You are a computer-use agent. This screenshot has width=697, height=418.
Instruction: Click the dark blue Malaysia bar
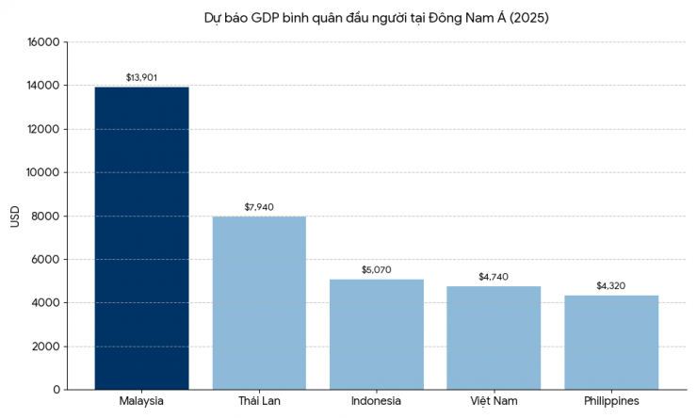tap(141, 238)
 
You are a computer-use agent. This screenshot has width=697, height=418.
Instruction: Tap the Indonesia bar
tap(377, 334)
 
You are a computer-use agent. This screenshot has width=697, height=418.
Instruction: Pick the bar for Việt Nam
tap(494, 338)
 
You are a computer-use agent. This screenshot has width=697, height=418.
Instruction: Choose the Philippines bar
tap(611, 343)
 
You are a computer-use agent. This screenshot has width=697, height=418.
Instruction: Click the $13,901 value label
tap(141, 77)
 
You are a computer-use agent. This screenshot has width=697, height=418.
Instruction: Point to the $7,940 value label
tap(259, 207)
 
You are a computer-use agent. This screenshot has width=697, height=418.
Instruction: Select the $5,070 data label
tap(377, 270)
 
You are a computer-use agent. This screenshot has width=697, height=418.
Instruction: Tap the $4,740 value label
tap(494, 277)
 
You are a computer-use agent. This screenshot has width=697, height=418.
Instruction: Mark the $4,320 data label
tap(611, 286)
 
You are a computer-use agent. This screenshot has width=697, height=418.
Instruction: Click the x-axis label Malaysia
tap(141, 402)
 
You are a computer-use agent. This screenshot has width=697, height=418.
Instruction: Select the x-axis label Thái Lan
tap(259, 402)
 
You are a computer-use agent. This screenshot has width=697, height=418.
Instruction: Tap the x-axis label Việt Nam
tap(494, 402)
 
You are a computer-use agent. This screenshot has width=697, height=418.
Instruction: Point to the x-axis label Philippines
tap(611, 402)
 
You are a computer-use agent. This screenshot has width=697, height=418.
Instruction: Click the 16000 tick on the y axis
tap(44, 42)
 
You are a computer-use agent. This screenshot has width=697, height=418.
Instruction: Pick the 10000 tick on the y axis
tap(44, 172)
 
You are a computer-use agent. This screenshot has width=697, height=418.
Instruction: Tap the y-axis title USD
tap(14, 216)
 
